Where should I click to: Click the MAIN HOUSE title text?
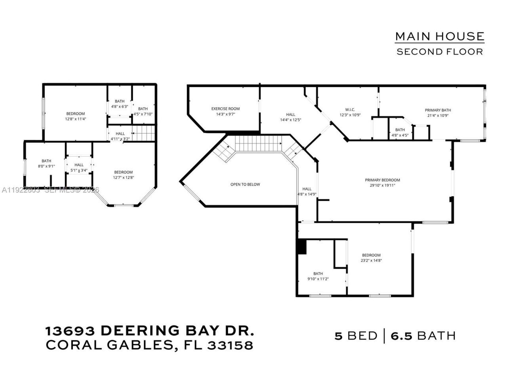coord(440,36)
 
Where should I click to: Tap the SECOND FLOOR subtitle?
coord(440,51)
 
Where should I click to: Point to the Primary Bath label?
coord(438,113)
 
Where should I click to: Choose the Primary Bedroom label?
coord(382,182)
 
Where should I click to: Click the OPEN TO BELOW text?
coord(245,184)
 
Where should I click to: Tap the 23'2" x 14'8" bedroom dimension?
coord(371,260)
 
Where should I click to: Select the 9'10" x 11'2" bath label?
coord(318,276)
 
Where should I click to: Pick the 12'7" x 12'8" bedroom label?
coord(123,175)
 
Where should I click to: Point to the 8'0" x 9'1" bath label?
coord(46,164)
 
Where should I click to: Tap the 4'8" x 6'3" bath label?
coord(120,104)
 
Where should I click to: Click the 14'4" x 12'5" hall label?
coord(291,117)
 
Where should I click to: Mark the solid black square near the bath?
coord(302,247)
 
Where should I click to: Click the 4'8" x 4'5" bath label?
coord(400,133)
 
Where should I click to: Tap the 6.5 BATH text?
coord(423,336)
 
